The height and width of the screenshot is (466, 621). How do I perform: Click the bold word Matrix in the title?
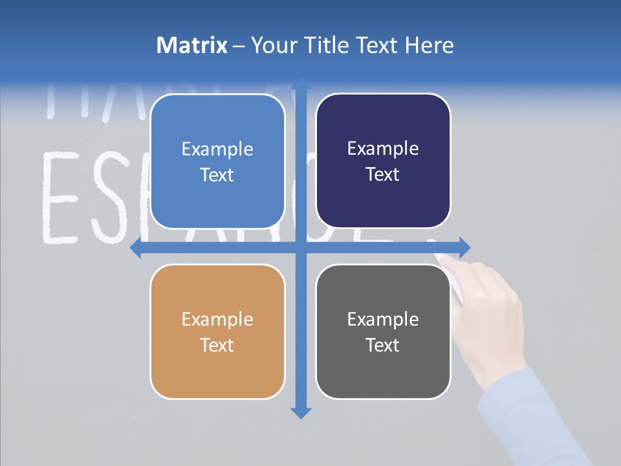click(x=192, y=45)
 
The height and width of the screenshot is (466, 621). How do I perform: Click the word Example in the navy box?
click(x=383, y=149)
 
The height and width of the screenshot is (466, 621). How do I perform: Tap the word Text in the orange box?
click(x=217, y=345)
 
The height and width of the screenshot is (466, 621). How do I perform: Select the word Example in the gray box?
click(x=383, y=319)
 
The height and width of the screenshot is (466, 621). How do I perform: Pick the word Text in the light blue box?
click(x=217, y=175)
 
